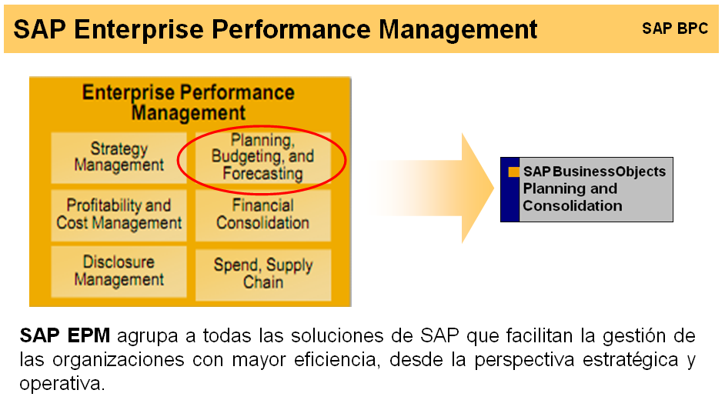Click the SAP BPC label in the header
[675, 28]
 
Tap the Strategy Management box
[119, 158]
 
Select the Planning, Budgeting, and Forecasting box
[262, 158]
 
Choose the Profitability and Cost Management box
[119, 215]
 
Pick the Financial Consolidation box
[262, 215]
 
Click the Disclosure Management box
[119, 272]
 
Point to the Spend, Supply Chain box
[263, 275]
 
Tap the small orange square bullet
[513, 172]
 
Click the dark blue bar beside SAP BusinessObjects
[510, 190]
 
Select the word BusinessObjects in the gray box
[609, 172]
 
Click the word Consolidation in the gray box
[573, 205]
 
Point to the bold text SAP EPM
[65, 335]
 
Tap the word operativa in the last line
[62, 383]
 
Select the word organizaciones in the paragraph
[119, 359]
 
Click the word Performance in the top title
[291, 29]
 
